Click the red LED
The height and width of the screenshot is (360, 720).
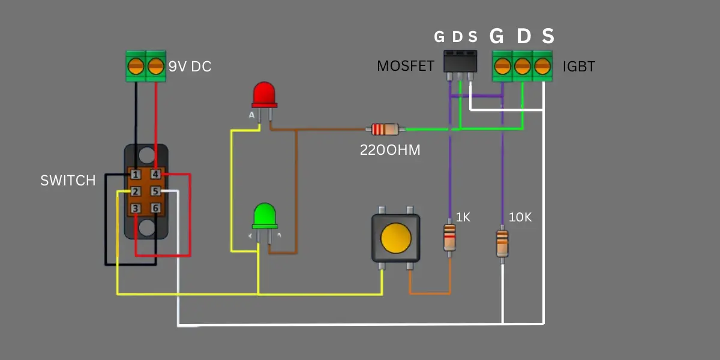point(264,95)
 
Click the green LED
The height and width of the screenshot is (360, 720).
point(265,216)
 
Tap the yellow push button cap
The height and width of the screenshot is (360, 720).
point(396,238)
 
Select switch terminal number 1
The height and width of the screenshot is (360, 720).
point(136,175)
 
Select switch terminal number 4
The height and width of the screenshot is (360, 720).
point(155,174)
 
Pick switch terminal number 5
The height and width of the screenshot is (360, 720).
point(155,191)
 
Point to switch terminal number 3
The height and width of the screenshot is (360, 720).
point(136,208)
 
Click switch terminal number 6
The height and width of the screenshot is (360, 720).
point(155,208)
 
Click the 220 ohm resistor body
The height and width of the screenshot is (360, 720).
point(385,130)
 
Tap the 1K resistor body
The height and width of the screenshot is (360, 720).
point(449,238)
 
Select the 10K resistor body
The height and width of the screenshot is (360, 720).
point(502,244)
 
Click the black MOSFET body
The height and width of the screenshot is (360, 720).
point(460,61)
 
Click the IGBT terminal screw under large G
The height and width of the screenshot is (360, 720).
point(502,66)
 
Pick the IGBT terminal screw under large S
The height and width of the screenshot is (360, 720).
point(542,66)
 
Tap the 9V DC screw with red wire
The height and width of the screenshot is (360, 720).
point(156,66)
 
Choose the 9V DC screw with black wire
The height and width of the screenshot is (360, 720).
point(136,66)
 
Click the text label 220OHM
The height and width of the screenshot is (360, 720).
point(390,150)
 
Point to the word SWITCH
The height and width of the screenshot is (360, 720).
point(68,181)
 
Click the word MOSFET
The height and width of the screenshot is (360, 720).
point(406,66)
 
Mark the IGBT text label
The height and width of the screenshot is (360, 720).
point(579,67)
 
